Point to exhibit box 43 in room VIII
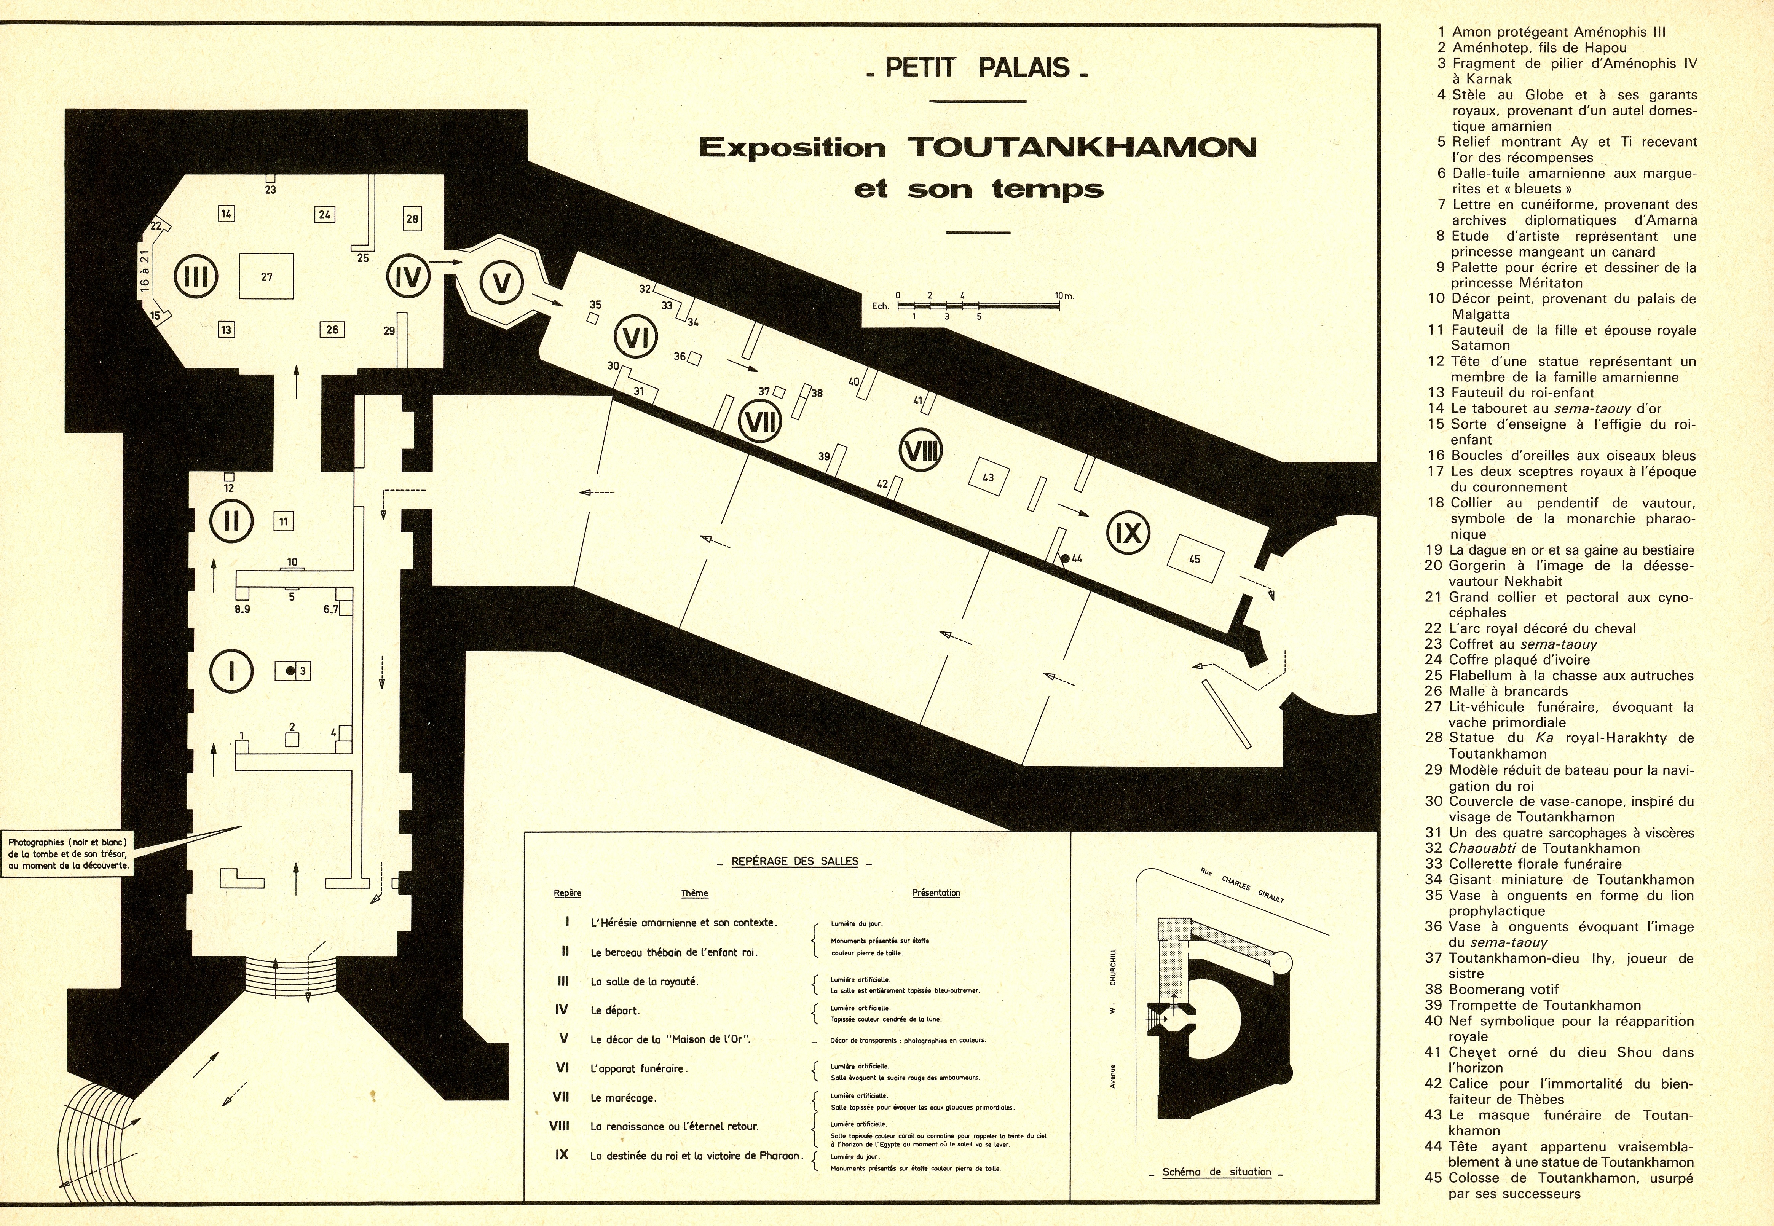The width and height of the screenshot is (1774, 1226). [988, 477]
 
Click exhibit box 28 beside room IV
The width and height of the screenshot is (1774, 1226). [413, 219]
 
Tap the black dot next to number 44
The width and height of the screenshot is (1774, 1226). [1065, 558]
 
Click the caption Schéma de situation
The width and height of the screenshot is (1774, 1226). [1216, 1172]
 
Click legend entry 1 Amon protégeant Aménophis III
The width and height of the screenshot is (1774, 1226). [1551, 32]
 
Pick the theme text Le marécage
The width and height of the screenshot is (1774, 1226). [624, 1098]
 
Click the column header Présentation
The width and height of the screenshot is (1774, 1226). [936, 893]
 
